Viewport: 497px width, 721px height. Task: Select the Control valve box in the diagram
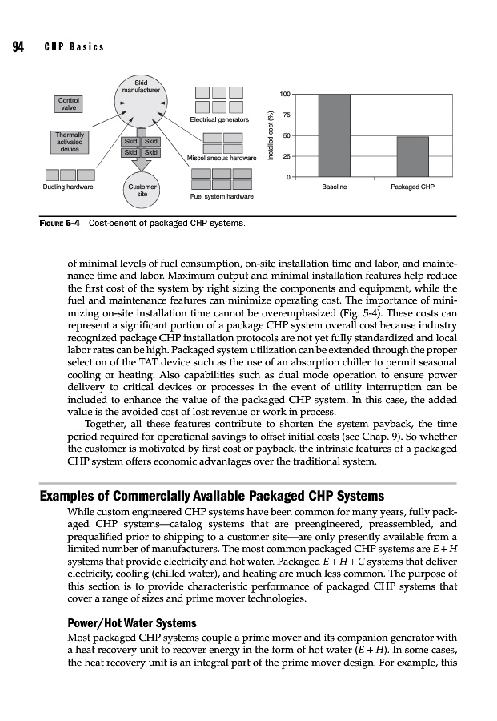tap(69, 103)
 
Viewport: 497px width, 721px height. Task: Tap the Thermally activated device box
tap(70, 142)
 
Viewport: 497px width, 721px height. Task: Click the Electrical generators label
tap(218, 119)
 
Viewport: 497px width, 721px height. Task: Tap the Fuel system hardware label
tap(222, 196)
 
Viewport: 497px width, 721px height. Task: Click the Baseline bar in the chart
tap(334, 135)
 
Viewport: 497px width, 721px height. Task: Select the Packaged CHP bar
tap(412, 155)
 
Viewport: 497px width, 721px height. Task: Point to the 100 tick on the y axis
tap(284, 95)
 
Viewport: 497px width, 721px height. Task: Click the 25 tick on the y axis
tap(286, 156)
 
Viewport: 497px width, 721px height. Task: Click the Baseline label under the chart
tap(334, 187)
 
